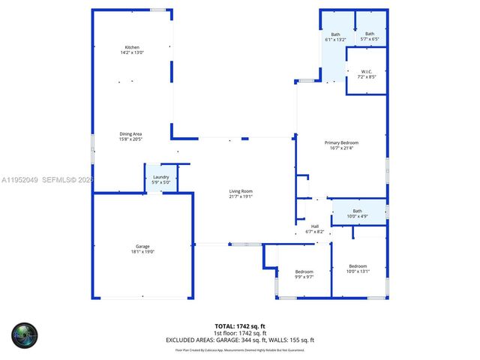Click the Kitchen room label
[x=132, y=47]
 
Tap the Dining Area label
[x=130, y=134]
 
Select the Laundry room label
[x=161, y=176]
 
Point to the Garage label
[x=142, y=246]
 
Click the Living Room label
[x=241, y=191]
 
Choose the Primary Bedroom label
[x=341, y=142]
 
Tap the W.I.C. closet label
[x=366, y=72]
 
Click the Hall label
[x=315, y=226]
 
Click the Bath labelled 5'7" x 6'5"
[x=370, y=34]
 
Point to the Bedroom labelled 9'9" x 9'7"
[x=304, y=271]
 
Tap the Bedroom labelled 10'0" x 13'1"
[x=358, y=266]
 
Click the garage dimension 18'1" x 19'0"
[x=142, y=252]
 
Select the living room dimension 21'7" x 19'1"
[x=241, y=197]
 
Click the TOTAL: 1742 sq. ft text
[x=241, y=326]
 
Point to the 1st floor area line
[x=241, y=333]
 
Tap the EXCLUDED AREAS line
[x=241, y=340]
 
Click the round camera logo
[x=24, y=335]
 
